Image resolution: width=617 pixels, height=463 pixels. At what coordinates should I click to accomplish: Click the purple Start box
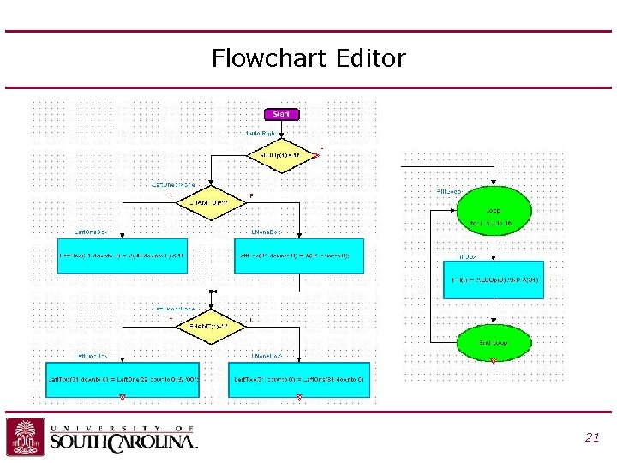[x=280, y=114]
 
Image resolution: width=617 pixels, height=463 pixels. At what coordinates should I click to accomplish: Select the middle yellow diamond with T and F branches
[x=210, y=202]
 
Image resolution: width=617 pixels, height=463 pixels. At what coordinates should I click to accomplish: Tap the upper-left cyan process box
[x=121, y=256]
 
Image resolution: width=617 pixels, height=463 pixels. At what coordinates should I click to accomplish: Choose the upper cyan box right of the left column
[x=299, y=256]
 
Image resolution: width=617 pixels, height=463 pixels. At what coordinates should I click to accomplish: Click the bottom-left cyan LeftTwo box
[x=123, y=380]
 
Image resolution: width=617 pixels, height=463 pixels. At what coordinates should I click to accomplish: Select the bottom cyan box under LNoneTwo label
[x=299, y=380]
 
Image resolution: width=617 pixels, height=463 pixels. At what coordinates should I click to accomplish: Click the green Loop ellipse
[x=493, y=211]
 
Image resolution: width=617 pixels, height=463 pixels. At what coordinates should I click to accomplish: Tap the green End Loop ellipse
[x=493, y=342]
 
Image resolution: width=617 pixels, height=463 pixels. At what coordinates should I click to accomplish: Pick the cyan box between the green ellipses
[x=493, y=280]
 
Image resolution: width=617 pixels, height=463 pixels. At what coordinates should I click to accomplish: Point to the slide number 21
[x=591, y=437]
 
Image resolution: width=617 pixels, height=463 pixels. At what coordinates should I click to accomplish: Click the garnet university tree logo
[x=25, y=437]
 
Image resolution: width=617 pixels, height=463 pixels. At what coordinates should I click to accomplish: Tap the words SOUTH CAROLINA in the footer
[x=123, y=442]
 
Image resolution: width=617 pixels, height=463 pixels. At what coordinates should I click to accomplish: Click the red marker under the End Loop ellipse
[x=493, y=362]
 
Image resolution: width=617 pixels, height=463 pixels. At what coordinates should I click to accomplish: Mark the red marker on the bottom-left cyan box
[x=123, y=397]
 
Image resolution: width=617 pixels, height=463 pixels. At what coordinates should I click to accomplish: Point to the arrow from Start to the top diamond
[x=281, y=129]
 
